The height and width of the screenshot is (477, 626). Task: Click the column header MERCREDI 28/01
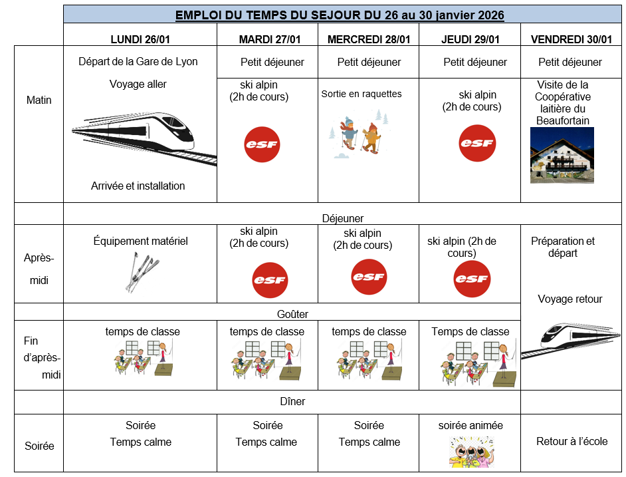pyautogui.click(x=369, y=39)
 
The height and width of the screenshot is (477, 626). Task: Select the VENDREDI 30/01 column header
pyautogui.click(x=571, y=39)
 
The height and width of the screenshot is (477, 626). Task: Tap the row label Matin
pyautogui.click(x=39, y=100)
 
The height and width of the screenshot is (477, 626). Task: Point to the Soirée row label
pyautogui.click(x=39, y=446)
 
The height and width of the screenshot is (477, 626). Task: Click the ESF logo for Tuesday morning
pyautogui.click(x=262, y=144)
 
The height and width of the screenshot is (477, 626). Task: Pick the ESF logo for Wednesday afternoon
pyautogui.click(x=369, y=277)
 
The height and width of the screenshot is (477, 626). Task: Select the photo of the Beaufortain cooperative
pyautogui.click(x=562, y=155)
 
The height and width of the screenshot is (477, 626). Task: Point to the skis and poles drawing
pyautogui.click(x=142, y=272)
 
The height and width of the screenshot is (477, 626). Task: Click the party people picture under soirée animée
pyautogui.click(x=472, y=452)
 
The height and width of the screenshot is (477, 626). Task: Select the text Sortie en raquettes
pyautogui.click(x=362, y=94)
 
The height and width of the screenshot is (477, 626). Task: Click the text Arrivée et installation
pyautogui.click(x=138, y=186)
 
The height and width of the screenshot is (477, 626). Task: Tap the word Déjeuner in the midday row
pyautogui.click(x=343, y=218)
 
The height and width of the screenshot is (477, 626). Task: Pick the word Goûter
pyautogui.click(x=292, y=314)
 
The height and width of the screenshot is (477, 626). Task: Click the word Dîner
pyautogui.click(x=292, y=401)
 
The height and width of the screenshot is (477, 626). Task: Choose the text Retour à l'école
pyautogui.click(x=572, y=442)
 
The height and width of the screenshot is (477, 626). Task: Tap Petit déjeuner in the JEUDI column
pyautogui.click(x=475, y=62)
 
